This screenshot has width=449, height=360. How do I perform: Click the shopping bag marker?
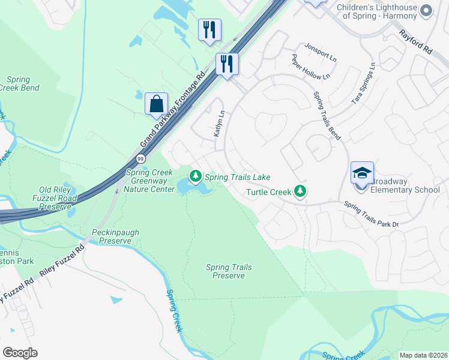(156, 104)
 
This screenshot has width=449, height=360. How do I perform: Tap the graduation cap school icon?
(362, 173)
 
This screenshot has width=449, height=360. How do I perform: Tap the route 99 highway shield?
(140, 158)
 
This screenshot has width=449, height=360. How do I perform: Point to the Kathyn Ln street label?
(220, 124)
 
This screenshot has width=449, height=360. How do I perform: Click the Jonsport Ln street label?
(320, 52)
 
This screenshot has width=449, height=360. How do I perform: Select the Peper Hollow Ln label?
(310, 67)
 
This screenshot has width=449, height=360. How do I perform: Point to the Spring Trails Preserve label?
(229, 271)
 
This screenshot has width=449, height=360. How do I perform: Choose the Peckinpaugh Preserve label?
(112, 236)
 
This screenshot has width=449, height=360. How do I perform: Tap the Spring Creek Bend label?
(23, 83)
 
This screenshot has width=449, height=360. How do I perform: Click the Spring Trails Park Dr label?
(371, 214)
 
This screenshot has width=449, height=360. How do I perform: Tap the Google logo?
(20, 353)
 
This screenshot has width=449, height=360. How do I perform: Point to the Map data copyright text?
(423, 355)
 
